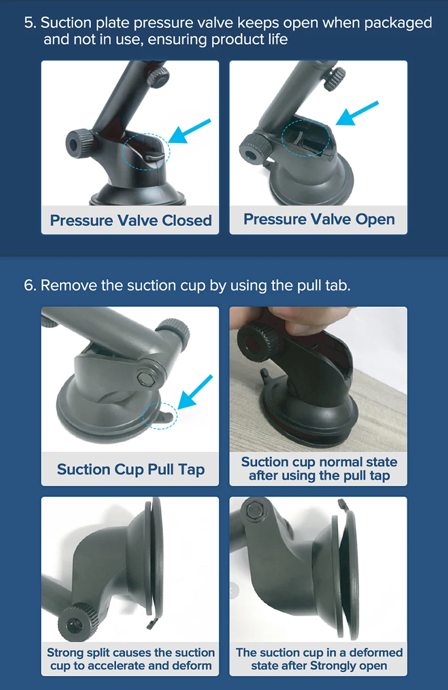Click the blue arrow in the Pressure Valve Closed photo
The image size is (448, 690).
point(189,131)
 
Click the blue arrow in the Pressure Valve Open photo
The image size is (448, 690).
point(357,113)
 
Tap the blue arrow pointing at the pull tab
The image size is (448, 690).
point(195,392)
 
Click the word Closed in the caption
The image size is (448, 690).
point(187,220)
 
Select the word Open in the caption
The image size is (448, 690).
point(375,220)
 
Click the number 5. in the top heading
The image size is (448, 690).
point(30,23)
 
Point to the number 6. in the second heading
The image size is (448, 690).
point(30,285)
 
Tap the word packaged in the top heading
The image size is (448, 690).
point(398,23)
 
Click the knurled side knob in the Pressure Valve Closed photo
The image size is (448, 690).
point(80,143)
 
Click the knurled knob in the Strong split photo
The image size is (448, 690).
point(76,623)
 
